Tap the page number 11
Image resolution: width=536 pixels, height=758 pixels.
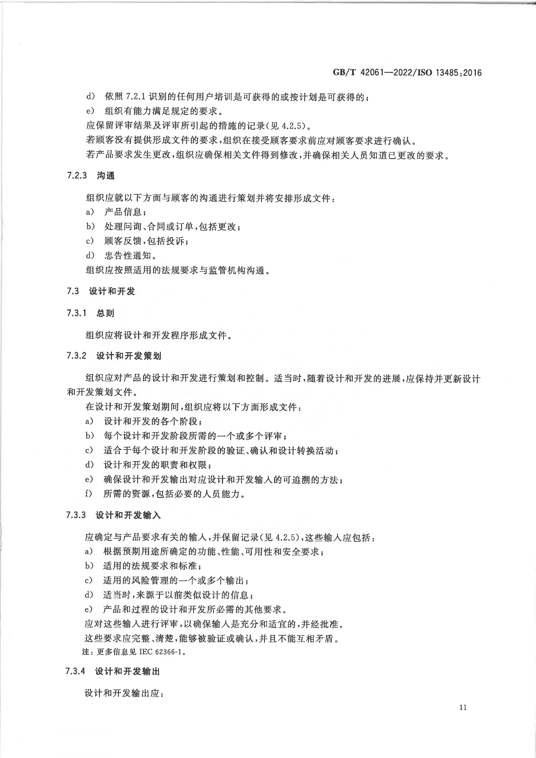(x=463, y=707)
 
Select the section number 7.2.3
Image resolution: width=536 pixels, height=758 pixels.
(x=77, y=176)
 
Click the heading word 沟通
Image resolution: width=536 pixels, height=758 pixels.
(x=105, y=176)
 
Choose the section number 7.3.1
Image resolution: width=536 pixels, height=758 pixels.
(x=77, y=313)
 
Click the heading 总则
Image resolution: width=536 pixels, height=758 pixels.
(x=105, y=313)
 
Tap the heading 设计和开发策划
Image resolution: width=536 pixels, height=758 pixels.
(x=128, y=356)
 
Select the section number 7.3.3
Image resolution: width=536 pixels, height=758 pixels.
(x=77, y=515)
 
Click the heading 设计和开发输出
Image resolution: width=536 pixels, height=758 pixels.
(x=128, y=672)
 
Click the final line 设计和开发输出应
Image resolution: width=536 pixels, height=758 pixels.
(x=124, y=693)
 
